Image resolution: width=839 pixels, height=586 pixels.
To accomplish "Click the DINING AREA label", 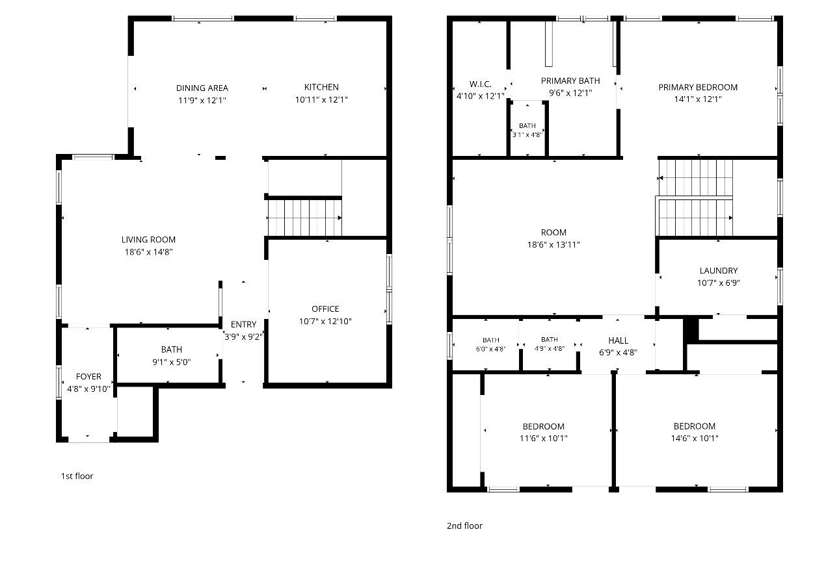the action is pos(202,88).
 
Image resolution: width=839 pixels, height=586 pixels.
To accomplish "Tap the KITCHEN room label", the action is pos(321,87).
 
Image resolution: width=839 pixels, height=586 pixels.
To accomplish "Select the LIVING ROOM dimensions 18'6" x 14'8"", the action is pos(149,252).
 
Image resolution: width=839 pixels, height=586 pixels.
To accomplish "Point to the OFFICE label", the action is pos(325,309).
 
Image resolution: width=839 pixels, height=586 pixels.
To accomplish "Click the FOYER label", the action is pos(88,376).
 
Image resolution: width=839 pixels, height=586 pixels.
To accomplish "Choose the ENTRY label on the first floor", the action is pos(243,324).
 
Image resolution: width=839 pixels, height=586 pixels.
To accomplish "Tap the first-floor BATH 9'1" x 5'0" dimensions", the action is pos(172,362).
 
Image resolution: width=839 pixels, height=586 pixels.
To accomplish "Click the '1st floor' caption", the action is pos(77,476).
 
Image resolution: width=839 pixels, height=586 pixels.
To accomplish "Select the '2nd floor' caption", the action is pos(464,526).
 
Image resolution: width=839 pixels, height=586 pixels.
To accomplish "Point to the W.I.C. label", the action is pos(480,84).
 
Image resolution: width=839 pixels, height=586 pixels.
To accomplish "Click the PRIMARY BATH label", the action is pos(570,81).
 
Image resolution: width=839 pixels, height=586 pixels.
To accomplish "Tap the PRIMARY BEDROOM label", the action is pos(698,87).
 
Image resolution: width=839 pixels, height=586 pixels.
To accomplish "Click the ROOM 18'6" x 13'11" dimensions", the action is pos(553,245).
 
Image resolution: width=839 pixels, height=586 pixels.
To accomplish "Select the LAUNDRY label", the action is pos(719,270).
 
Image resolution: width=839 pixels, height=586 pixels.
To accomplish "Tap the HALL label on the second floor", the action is pos(618,340).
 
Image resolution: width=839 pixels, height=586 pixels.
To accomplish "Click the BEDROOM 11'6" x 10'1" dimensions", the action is pos(544,438).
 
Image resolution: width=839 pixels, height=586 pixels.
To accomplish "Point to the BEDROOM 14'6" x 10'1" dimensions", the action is pos(695,438).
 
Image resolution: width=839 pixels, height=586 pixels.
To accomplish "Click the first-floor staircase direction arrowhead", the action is pos(340,218).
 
